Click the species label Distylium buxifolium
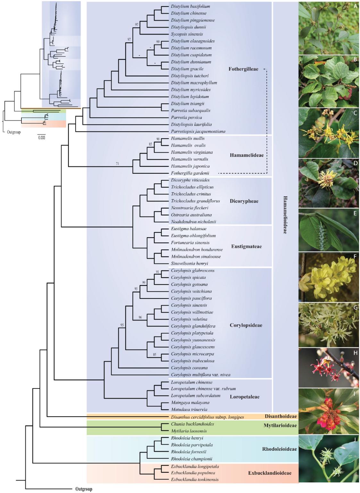pos(190,6)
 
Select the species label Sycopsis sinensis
pos(187,34)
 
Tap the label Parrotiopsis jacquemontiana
pos(198,131)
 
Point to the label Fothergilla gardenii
pos(190,173)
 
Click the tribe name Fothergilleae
pos(243,69)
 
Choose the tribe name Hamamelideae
pos(247,155)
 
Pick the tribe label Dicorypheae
pos(244,201)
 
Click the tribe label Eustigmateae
pos(247,246)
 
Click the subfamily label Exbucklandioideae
pos(270,473)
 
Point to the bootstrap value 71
pos(117,163)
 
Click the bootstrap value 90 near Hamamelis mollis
pos(158,139)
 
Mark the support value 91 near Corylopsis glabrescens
pos(157,272)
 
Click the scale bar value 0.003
pos(42,138)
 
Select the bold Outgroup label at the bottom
pos(84,489)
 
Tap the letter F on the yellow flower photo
pos(355,257)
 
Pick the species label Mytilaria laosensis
pos(189,431)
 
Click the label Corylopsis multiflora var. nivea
pos(201,375)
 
